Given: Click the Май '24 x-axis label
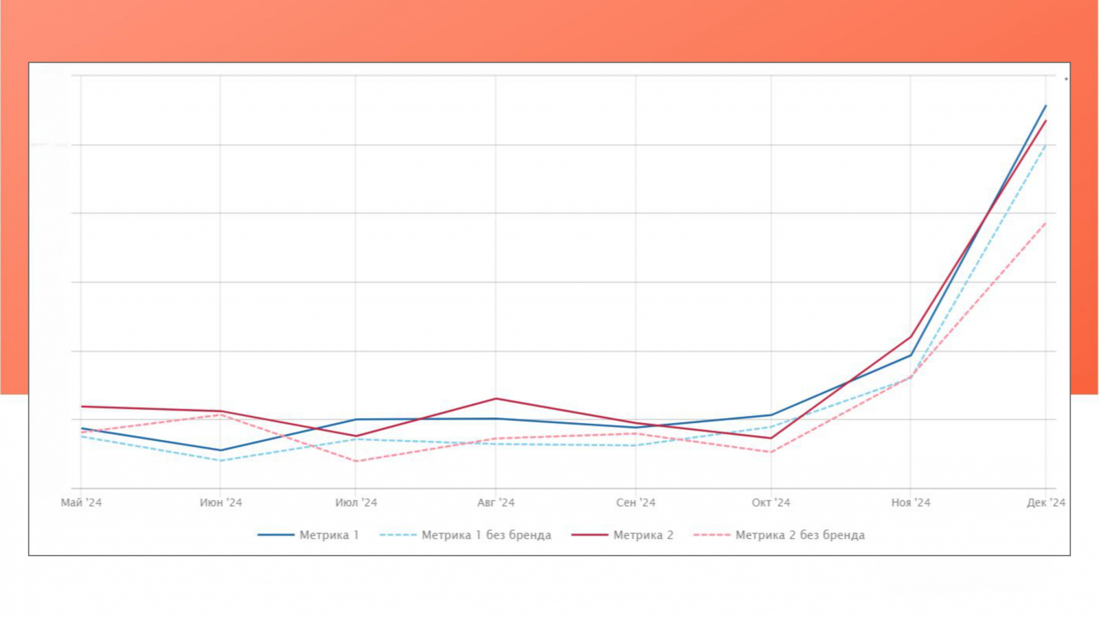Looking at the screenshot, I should coord(81,503).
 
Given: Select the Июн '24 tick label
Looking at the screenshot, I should coord(221,503).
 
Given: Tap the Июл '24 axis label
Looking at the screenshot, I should coord(356,503).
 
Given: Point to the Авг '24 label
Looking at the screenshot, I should coord(496,503).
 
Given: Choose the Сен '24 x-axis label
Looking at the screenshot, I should coord(636,503).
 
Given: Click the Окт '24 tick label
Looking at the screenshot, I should coord(771,503).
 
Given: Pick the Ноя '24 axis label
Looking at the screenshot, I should coord(911,503).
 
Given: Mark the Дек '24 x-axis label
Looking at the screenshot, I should coord(1045,503).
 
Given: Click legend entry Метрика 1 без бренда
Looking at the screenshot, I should coord(486,535).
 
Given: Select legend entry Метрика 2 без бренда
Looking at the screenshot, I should coord(800,535).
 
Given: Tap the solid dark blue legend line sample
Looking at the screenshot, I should coord(276,535).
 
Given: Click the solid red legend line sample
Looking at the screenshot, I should coord(589,535).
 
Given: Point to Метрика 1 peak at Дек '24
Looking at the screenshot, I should coord(1045,106).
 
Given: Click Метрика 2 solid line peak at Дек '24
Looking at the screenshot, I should coord(1045,121).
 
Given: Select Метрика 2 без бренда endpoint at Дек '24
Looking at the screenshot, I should coord(1045,222).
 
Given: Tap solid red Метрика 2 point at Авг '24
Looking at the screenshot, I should coord(496,399).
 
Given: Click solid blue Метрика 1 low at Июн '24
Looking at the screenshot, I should coord(220,450).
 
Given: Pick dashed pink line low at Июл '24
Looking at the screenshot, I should coord(356,461).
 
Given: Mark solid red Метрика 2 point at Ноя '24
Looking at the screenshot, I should coord(911,336).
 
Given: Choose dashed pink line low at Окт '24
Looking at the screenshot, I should coord(771,453).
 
